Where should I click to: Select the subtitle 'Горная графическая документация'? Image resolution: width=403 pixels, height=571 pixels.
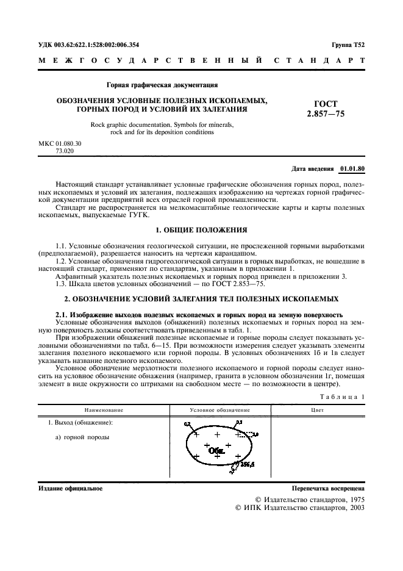[x=162, y=85]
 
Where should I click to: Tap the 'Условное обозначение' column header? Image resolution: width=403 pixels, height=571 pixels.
[x=220, y=411]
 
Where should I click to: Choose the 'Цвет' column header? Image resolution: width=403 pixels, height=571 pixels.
[x=317, y=411]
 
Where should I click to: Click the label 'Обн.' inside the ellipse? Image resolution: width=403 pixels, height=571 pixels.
[x=216, y=452]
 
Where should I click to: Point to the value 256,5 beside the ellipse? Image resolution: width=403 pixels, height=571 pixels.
[x=247, y=464]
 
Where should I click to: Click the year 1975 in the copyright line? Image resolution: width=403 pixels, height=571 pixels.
[x=354, y=499]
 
